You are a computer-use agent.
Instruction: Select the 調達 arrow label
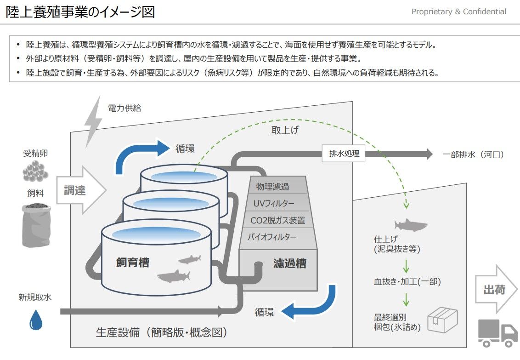tap(76, 190)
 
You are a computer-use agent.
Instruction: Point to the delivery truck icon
tap(497, 332)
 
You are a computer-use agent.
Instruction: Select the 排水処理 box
tap(344, 154)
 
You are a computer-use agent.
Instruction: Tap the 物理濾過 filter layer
tap(276, 187)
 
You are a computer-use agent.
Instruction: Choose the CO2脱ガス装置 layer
tap(277, 220)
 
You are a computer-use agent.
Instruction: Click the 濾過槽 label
tap(289, 264)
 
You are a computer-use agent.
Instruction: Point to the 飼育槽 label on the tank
tap(132, 263)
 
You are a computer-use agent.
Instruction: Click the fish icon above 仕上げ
tap(410, 225)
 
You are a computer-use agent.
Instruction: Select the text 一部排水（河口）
tap(473, 154)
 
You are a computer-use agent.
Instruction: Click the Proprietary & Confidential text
tap(458, 11)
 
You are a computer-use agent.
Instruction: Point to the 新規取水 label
tap(35, 297)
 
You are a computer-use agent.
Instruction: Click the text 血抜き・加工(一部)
tap(407, 281)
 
